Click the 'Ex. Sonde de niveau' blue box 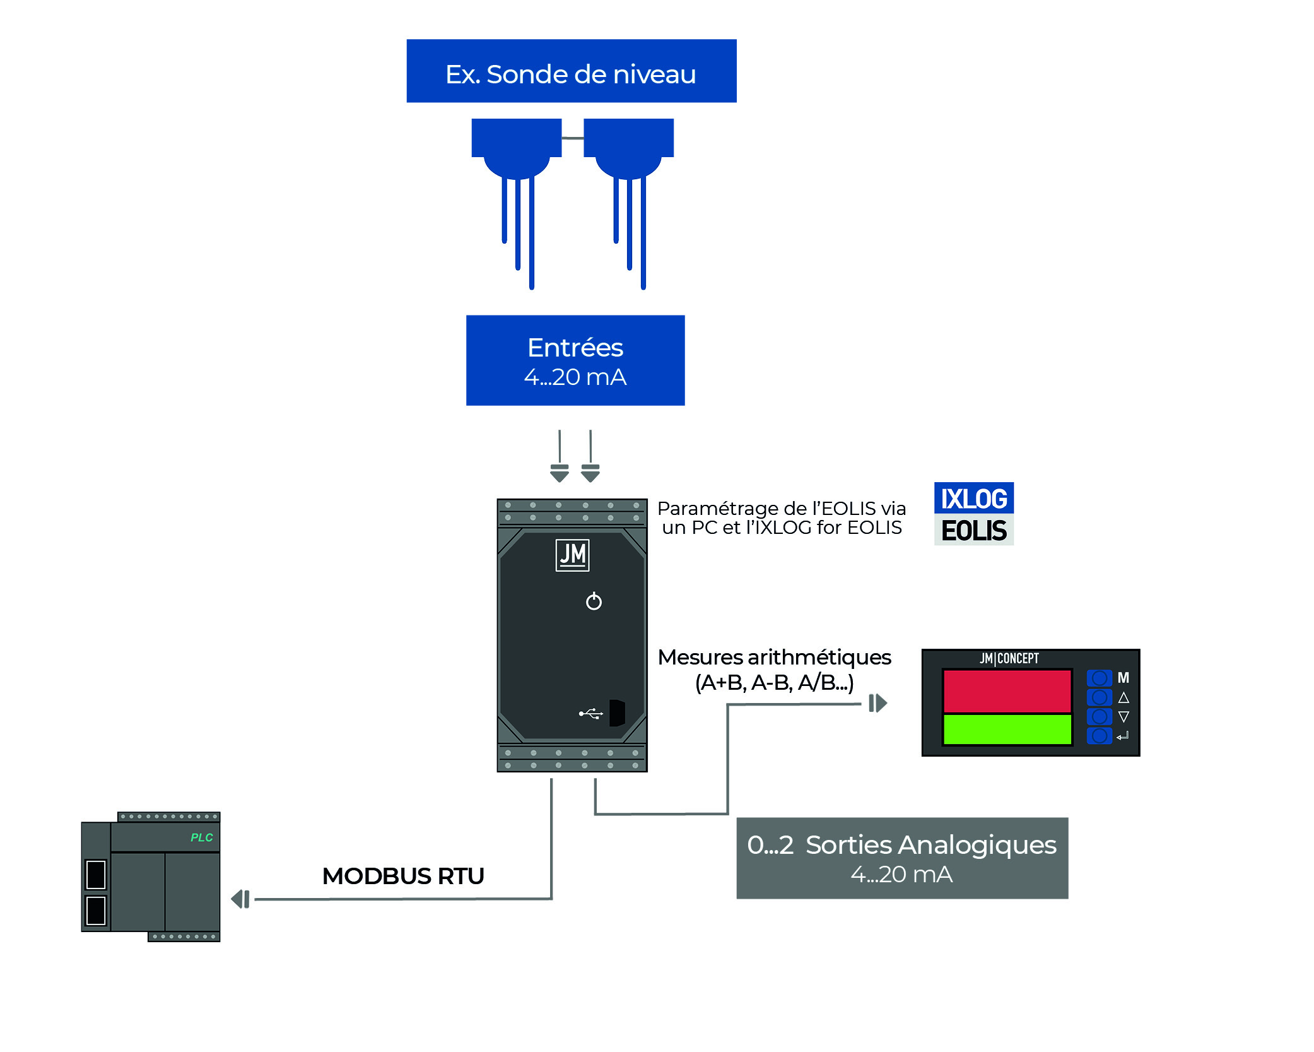tap(571, 71)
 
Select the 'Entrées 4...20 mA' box tap(575, 360)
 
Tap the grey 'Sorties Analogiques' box tap(902, 858)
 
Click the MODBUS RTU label tap(403, 876)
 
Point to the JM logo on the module tap(572, 555)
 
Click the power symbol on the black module tap(594, 601)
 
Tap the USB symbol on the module tap(591, 714)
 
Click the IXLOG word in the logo tap(973, 498)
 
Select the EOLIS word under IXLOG tap(973, 530)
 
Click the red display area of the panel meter tap(1007, 691)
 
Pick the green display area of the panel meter tap(1007, 730)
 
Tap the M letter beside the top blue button tap(1123, 678)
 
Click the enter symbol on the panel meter tap(1122, 736)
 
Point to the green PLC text tap(202, 837)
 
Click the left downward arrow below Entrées tap(560, 473)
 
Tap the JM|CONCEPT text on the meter tap(1009, 658)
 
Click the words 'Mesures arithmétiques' tap(774, 657)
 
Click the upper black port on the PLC tap(96, 874)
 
